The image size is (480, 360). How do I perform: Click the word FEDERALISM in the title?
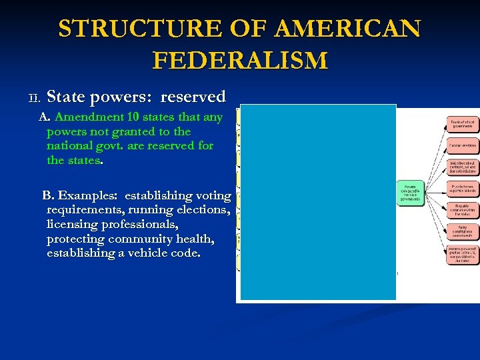(x=240, y=61)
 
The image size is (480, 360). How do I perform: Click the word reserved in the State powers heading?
(x=193, y=97)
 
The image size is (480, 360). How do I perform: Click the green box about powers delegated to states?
(x=410, y=193)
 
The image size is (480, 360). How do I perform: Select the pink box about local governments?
(x=462, y=123)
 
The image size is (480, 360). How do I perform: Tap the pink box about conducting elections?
(x=462, y=145)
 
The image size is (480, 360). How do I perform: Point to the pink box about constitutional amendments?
(x=462, y=231)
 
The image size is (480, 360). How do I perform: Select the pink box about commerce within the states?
(x=462, y=210)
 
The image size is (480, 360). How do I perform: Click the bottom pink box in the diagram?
(x=462, y=254)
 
